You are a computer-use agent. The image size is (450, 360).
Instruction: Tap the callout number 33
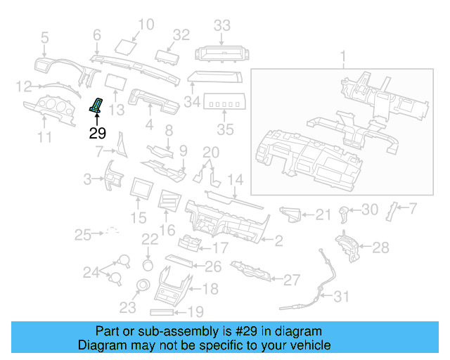click(222, 26)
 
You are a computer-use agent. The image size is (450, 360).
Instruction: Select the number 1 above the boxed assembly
click(344, 56)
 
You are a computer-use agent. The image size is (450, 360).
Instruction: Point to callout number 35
click(224, 129)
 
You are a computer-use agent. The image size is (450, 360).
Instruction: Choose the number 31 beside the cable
click(341, 297)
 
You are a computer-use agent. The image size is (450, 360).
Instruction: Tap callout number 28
click(380, 247)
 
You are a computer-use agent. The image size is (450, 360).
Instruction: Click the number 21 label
click(323, 214)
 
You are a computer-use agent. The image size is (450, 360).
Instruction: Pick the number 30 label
click(370, 209)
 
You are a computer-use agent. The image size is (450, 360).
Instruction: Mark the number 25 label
click(84, 234)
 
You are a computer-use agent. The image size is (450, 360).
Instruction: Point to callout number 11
click(44, 136)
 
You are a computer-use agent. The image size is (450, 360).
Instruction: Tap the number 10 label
click(146, 26)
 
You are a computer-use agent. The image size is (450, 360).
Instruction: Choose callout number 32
click(181, 34)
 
